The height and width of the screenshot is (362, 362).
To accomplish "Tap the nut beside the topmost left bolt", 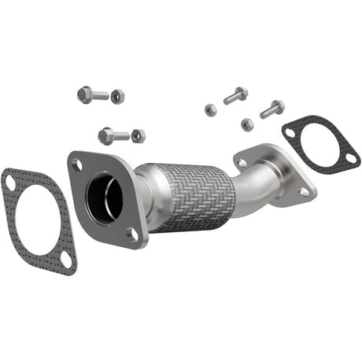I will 117,96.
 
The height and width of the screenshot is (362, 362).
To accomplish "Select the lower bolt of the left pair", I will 113,135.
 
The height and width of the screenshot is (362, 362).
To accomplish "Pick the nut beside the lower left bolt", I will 139,135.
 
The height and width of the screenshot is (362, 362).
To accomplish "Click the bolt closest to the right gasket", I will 271,109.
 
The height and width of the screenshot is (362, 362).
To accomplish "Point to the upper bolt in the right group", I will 235,96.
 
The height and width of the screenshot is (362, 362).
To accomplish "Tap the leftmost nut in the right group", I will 211,109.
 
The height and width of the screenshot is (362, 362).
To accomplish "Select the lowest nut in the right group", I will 247,124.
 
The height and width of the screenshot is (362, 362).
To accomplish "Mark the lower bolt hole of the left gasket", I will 66,260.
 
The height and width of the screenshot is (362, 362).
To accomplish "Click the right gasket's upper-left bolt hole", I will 291,133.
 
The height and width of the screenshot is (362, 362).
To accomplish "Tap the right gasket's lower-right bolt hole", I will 349,159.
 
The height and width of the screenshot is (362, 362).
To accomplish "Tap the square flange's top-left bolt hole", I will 76,165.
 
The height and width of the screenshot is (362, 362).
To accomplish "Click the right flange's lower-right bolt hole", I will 303,190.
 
